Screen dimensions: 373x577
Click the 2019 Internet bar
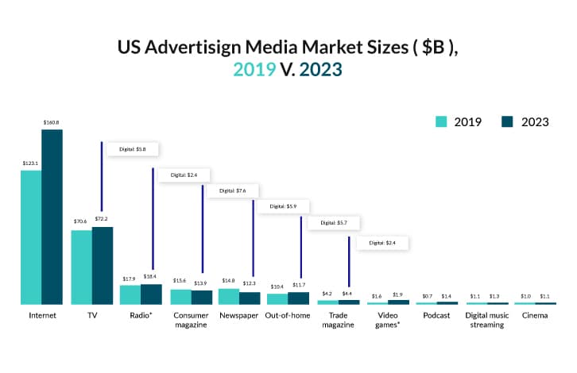[x=31, y=237]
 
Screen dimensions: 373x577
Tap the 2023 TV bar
[x=102, y=265]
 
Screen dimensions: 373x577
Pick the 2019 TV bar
[x=81, y=267]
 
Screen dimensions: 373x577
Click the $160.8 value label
[x=52, y=122]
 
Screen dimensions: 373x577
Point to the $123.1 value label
[x=31, y=163]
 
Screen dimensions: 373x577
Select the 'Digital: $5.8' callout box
[x=133, y=148]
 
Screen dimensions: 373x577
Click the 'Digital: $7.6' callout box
[x=231, y=190]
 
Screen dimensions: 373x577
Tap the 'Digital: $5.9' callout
[x=283, y=206]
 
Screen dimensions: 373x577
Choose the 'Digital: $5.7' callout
[x=333, y=223]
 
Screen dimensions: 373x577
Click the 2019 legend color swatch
[x=441, y=121]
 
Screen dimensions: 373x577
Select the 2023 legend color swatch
[x=507, y=121]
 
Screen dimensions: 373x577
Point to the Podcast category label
[x=437, y=315]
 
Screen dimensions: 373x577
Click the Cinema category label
[x=535, y=315]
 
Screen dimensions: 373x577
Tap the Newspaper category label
[x=239, y=315]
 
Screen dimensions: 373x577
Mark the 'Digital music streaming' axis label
[x=486, y=320]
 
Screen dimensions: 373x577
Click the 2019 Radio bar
[x=130, y=294]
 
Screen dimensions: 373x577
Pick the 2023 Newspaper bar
[x=250, y=298]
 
